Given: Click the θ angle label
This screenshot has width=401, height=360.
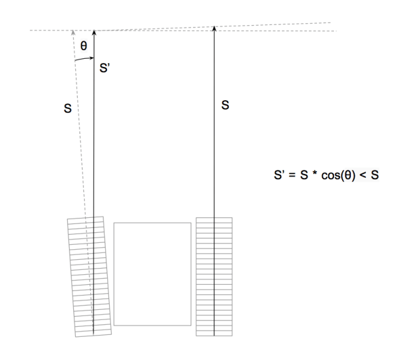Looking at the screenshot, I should click(x=84, y=46).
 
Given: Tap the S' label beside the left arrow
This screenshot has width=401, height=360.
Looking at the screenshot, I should click(x=105, y=68).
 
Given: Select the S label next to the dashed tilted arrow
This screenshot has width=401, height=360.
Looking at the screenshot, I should click(x=67, y=108).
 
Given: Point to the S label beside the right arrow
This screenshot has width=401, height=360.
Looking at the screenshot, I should click(x=226, y=106).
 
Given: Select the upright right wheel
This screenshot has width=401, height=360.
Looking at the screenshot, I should click(x=214, y=276).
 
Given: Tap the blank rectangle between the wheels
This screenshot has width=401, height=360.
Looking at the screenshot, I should click(x=152, y=274).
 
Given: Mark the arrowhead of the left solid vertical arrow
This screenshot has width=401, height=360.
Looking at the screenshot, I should click(x=94, y=31).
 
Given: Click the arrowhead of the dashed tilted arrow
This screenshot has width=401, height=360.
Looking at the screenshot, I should click(x=74, y=33).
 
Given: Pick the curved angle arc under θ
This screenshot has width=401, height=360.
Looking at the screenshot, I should click(x=84, y=59).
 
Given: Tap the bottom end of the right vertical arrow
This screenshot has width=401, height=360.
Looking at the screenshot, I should click(x=214, y=334).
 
